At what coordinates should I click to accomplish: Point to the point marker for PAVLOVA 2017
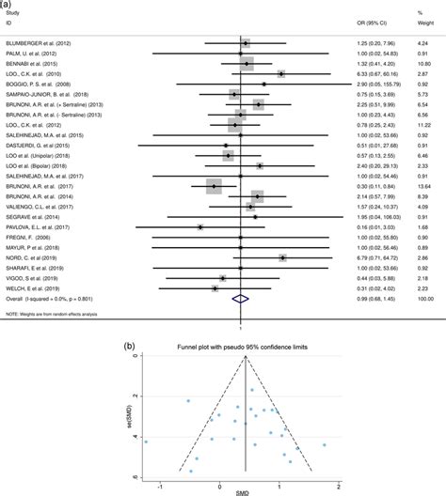pyautogui.click(x=200, y=226)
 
